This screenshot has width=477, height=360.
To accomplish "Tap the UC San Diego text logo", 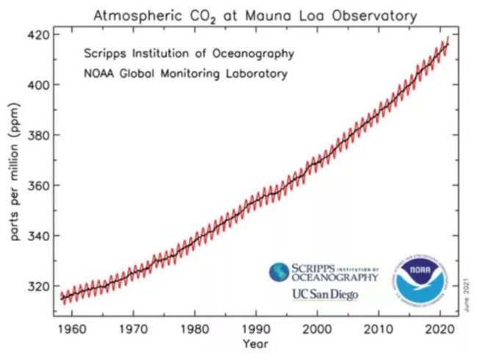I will (x=326, y=295).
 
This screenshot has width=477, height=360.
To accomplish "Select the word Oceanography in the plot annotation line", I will (x=253, y=54).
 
